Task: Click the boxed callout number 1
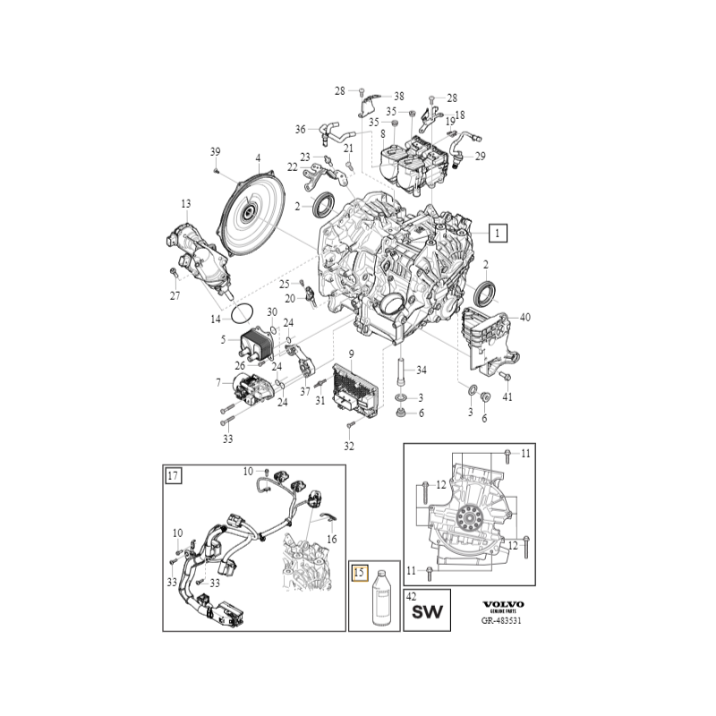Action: (x=497, y=233)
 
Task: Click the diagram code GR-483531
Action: (x=501, y=620)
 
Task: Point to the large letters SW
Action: (x=427, y=613)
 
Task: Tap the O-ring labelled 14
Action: (x=242, y=314)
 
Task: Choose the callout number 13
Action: (x=186, y=204)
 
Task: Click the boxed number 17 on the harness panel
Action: (x=174, y=476)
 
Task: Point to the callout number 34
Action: (x=422, y=370)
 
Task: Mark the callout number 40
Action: (x=524, y=317)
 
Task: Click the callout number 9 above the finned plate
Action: (x=352, y=354)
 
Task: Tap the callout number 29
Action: (x=480, y=157)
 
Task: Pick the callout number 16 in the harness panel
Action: (x=331, y=540)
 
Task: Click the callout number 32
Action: (x=349, y=446)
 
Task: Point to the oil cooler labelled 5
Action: (x=260, y=345)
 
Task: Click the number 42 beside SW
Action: (x=411, y=594)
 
